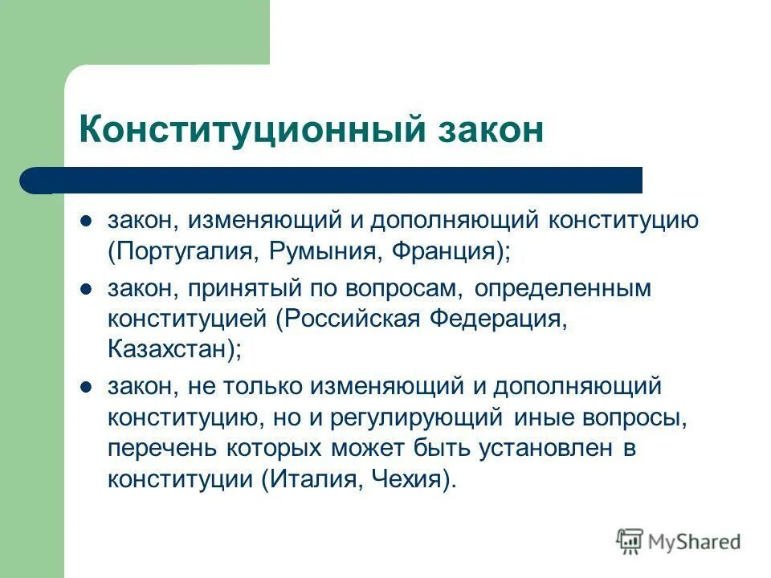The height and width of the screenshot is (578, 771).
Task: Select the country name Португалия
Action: point(182,252)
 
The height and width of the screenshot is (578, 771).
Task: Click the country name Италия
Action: point(304,480)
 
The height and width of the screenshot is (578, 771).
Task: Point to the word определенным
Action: point(562,288)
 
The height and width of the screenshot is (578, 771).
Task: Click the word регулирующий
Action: point(422,417)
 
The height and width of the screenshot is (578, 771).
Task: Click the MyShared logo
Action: point(679,543)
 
